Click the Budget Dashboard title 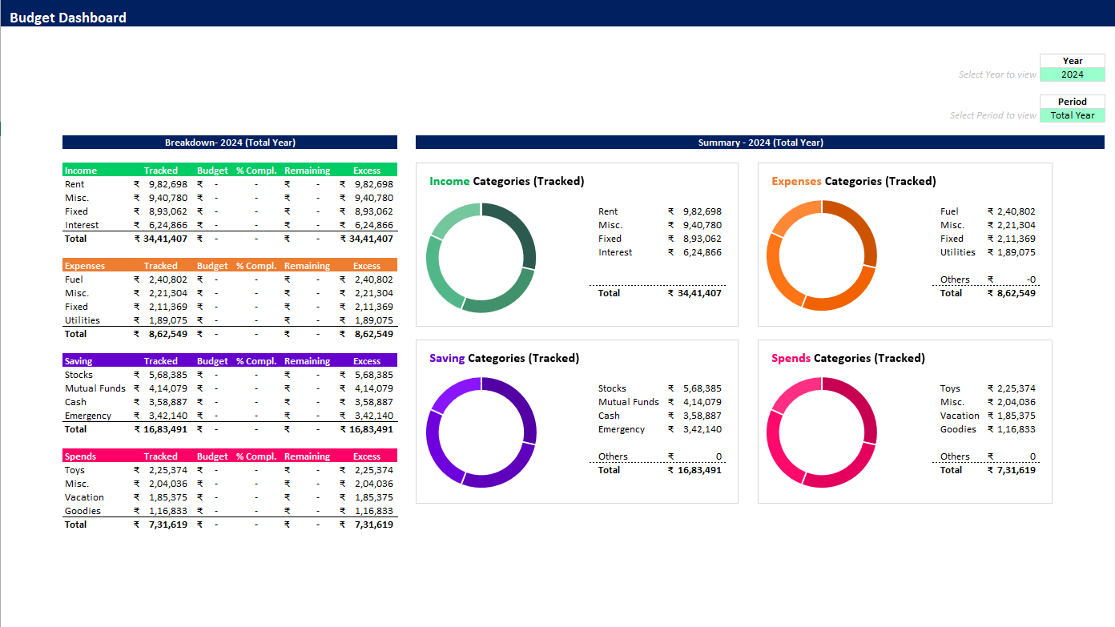click(x=68, y=18)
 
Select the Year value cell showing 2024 click(x=1072, y=74)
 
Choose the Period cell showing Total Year click(x=1072, y=115)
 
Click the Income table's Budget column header click(x=212, y=171)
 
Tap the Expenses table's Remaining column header click(x=307, y=266)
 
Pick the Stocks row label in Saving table click(x=78, y=375)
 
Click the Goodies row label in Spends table click(x=83, y=511)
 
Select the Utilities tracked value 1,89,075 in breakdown click(x=168, y=320)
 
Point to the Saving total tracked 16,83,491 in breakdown click(x=165, y=429)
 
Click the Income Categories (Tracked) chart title click(x=507, y=181)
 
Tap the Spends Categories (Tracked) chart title click(x=848, y=358)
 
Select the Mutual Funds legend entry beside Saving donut click(x=628, y=402)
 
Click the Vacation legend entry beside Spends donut click(x=960, y=416)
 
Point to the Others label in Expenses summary click(x=955, y=279)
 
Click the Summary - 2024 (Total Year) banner click(x=760, y=143)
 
